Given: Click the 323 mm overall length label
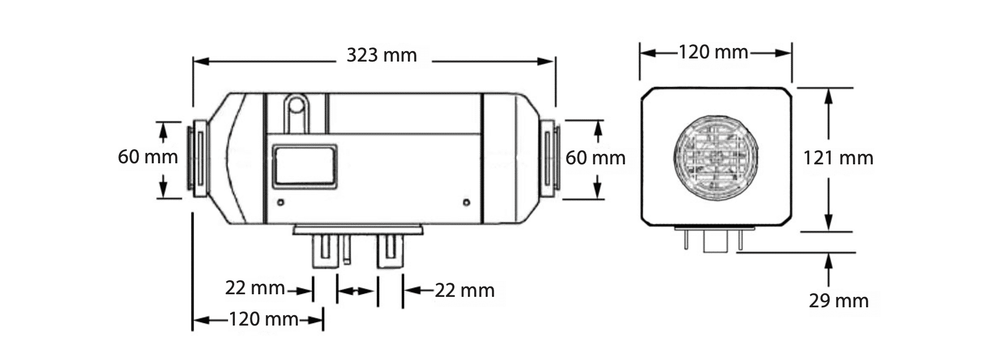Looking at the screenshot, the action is [x=381, y=55].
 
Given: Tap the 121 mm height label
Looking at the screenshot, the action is [x=838, y=158].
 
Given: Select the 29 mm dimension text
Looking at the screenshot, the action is [x=838, y=301].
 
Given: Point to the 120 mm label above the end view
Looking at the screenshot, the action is [x=713, y=52].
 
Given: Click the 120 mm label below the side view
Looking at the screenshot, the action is [x=263, y=319].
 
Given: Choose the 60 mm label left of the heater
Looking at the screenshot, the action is [x=148, y=157].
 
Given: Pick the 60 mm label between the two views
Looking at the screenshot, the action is [x=595, y=158].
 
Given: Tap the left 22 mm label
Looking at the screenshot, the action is [x=255, y=287].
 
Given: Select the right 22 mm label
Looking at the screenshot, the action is [x=465, y=290].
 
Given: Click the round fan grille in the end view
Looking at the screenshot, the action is [x=716, y=157].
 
